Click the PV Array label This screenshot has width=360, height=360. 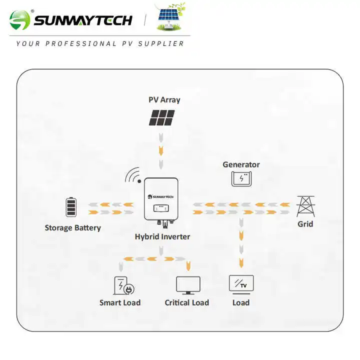tap(164, 99)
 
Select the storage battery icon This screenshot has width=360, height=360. tap(72, 207)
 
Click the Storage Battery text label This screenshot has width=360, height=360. tap(72, 228)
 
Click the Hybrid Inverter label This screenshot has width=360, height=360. tap(162, 236)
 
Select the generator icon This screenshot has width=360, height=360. tap(241, 179)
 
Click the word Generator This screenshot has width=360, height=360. tap(241, 164)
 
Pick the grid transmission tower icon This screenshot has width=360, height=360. tap(305, 205)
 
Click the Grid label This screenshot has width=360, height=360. tap(305, 224)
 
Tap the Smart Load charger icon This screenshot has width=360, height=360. tap(123, 286)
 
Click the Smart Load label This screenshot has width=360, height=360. tap(120, 302)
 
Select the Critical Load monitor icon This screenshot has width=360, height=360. tap(188, 285)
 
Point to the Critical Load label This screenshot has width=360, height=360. tap(187, 302)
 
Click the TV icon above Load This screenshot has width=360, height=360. tap(241, 283)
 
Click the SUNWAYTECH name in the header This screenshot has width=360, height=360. tap(83, 20)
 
